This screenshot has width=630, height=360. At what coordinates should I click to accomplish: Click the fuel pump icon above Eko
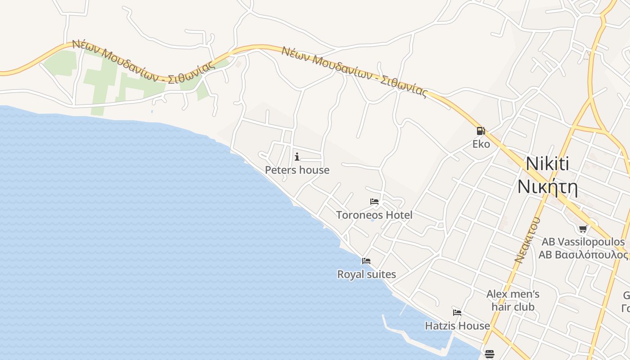[x=481, y=131]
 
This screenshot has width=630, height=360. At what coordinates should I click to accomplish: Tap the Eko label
[x=481, y=144]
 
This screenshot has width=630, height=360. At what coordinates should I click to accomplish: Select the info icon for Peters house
[x=297, y=157]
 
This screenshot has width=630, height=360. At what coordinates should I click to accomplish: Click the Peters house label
[x=297, y=170]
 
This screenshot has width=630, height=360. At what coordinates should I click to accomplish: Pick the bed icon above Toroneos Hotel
[x=374, y=202]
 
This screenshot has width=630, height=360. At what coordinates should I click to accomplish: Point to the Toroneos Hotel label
[x=374, y=215]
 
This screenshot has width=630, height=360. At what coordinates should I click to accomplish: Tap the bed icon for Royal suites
[x=366, y=261]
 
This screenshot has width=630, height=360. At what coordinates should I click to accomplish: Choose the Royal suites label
[x=366, y=274]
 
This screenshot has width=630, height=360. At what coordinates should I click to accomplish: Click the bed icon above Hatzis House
[x=457, y=312]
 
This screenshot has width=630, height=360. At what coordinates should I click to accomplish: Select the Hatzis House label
[x=457, y=326]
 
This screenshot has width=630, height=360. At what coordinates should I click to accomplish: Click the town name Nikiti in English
[x=547, y=163]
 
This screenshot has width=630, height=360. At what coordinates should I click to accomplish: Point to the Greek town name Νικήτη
[x=547, y=186]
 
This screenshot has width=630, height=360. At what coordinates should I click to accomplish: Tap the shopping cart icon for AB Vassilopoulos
[x=583, y=229]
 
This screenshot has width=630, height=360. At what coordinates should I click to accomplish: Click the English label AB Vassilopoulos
[x=583, y=242]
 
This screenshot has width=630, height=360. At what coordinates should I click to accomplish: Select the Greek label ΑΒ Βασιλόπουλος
[x=583, y=255]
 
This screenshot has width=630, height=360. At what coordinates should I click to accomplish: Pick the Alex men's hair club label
[x=513, y=301]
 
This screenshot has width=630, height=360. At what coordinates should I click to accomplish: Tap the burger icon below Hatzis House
[x=490, y=354]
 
